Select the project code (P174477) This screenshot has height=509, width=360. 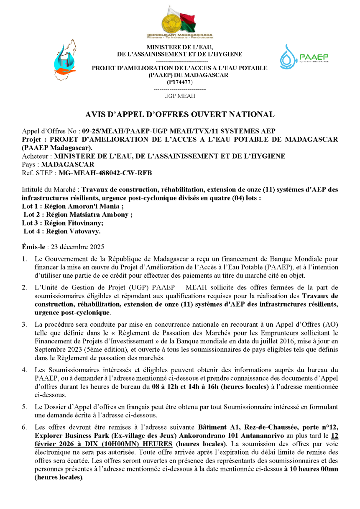click(179, 82)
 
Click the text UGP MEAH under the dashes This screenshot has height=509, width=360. click(179, 96)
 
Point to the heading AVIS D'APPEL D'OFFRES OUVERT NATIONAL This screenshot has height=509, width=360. click(180, 114)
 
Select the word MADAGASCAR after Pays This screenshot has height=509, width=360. click(67, 164)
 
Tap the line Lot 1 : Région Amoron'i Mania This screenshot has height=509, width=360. click(72, 206)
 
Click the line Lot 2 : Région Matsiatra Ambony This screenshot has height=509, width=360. click(78, 215)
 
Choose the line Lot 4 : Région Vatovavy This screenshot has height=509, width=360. click(62, 231)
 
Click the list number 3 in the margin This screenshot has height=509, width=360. click(25, 325)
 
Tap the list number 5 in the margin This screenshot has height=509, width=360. click(25, 407)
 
